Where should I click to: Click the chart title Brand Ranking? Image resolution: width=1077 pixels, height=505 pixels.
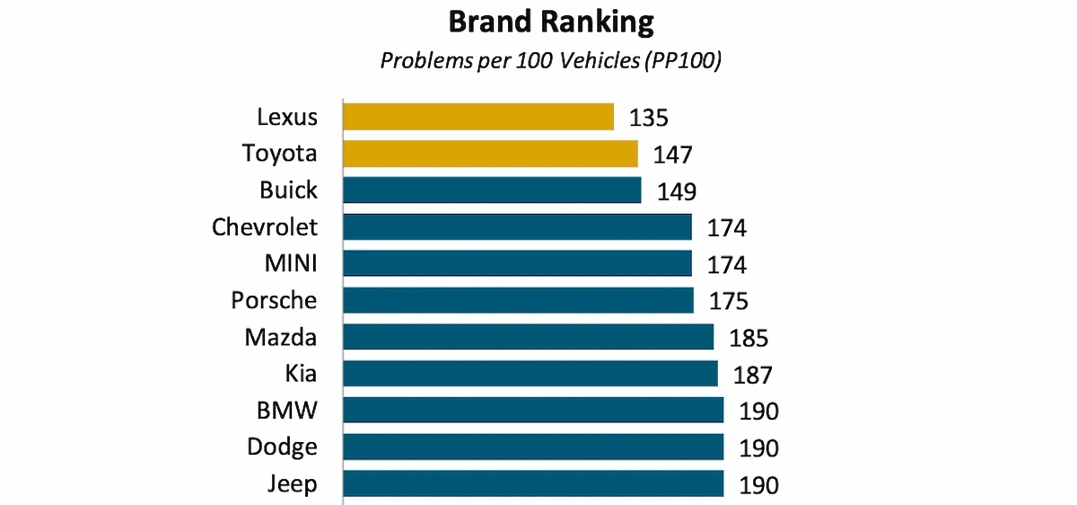551,22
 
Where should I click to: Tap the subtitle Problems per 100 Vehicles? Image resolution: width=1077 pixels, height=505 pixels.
551,61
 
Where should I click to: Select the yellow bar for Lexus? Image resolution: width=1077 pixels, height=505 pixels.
478,117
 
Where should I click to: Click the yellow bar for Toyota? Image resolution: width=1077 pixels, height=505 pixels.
490,154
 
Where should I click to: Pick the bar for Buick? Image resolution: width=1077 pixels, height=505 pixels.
492,190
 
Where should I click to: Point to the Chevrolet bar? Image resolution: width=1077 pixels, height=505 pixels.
517,226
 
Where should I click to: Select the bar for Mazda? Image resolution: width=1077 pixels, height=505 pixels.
528,337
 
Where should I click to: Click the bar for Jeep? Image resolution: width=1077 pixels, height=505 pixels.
533,483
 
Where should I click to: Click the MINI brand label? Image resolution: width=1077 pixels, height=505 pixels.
290,263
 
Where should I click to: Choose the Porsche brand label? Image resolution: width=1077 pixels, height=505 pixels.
274,300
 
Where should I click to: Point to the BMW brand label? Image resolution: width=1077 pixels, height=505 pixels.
285,411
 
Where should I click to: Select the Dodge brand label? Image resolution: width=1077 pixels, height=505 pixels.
282,447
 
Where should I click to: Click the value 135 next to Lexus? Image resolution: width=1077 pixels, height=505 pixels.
649,119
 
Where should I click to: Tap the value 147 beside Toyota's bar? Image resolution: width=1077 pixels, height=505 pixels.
672,155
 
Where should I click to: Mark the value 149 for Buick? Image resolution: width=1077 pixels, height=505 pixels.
676,192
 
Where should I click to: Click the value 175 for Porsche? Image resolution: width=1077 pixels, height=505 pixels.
728,302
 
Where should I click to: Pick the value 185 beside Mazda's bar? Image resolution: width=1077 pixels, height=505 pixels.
749,339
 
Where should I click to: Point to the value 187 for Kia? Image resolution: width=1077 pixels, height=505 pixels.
752,376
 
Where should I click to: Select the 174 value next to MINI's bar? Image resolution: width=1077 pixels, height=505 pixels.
726,265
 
